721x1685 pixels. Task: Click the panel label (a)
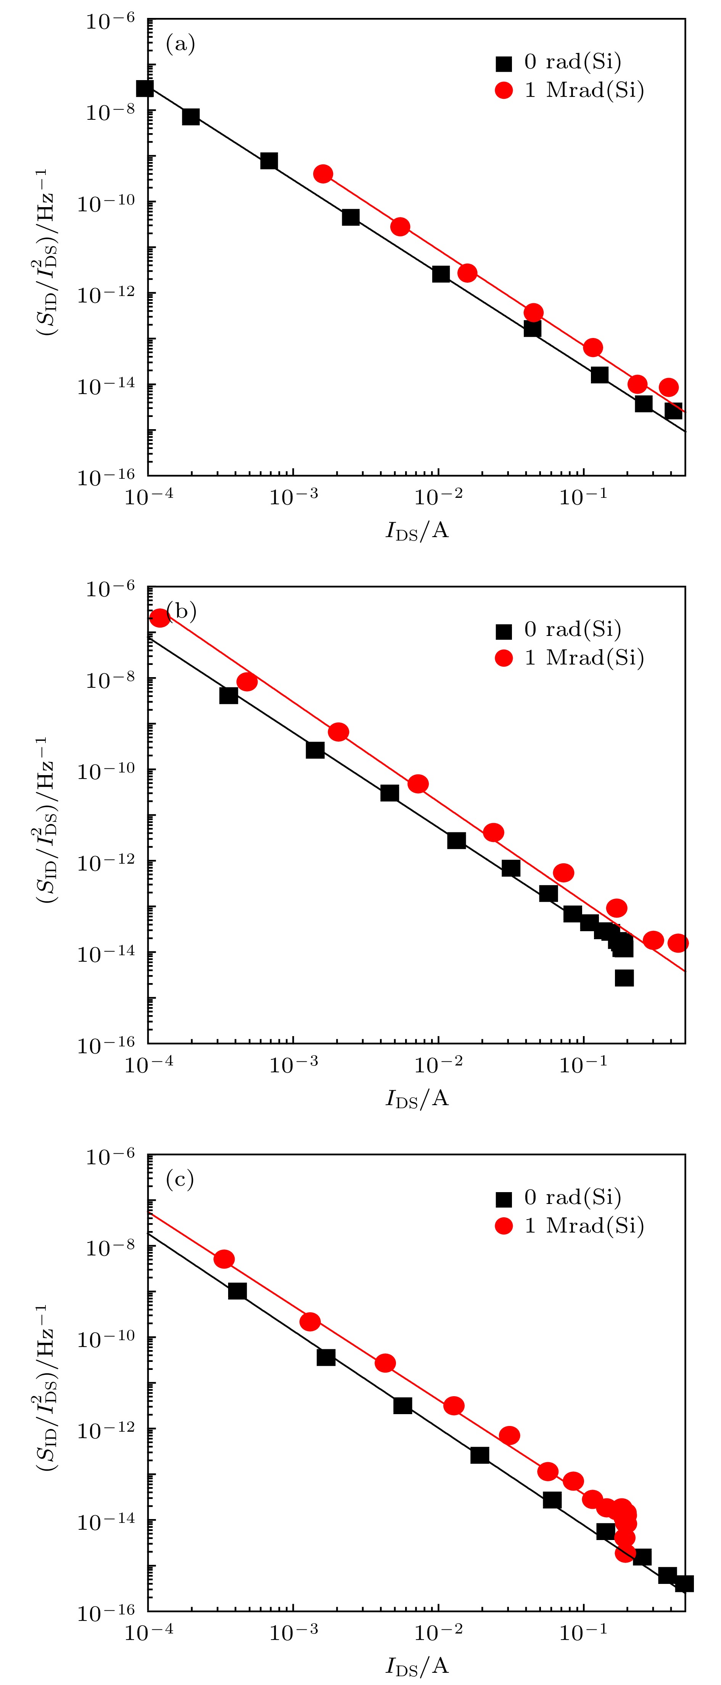(180, 45)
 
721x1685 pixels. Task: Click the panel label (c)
(180, 1180)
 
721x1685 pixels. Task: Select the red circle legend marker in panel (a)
(504, 90)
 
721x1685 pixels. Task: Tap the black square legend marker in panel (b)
(504, 631)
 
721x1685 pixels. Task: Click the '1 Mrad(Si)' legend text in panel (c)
(584, 1225)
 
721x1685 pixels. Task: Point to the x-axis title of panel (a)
(417, 531)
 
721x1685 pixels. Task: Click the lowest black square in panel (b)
(624, 978)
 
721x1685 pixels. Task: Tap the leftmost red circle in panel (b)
(159, 618)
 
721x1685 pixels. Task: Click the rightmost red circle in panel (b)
(678, 943)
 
